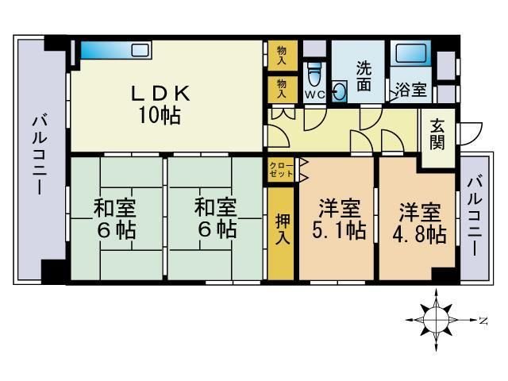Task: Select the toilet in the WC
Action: click(315, 79)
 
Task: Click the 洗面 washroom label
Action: click(364, 75)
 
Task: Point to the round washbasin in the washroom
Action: click(341, 91)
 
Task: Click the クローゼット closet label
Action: click(279, 168)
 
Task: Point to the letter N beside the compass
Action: click(483, 320)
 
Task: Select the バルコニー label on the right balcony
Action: click(474, 215)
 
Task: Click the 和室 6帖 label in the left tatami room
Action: click(114, 220)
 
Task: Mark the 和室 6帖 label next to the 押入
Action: click(215, 220)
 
